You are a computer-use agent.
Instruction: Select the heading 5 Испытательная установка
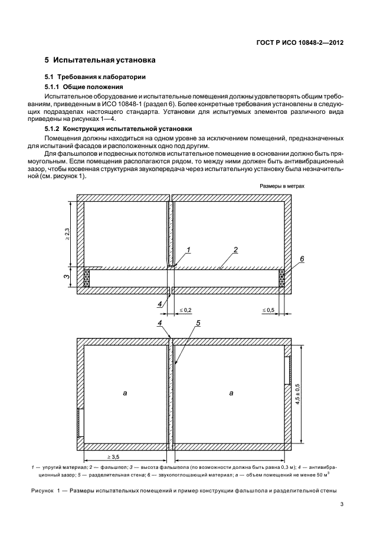pyautogui.click(x=100, y=60)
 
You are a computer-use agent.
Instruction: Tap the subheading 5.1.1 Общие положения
pyautogui.click(x=83, y=86)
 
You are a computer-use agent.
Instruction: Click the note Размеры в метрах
pyautogui.click(x=281, y=185)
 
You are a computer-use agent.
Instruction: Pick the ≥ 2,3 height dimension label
pyautogui.click(x=67, y=234)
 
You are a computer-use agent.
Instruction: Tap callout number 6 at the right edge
pyautogui.click(x=301, y=259)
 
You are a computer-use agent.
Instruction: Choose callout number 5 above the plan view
pyautogui.click(x=199, y=323)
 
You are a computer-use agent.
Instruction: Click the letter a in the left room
pyautogui.click(x=125, y=392)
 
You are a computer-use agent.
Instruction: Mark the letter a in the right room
pyautogui.click(x=231, y=392)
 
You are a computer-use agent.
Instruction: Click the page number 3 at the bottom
pyautogui.click(x=342, y=504)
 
